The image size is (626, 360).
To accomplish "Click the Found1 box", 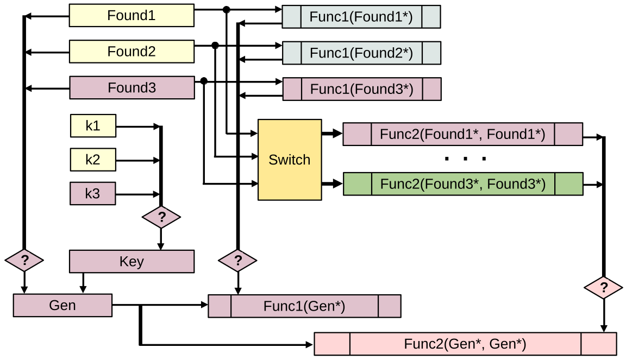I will coord(132,15).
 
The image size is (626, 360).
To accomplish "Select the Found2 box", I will coord(132,52).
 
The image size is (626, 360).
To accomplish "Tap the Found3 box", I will coord(132,87).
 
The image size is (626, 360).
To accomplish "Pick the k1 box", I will coord(93,125).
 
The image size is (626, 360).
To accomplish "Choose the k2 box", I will coord(93,160).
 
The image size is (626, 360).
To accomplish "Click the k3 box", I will coord(93,193).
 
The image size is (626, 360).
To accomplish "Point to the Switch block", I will coord(290,160).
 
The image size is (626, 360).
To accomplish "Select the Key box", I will coord(132,261).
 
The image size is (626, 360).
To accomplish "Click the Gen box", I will coord(62,305).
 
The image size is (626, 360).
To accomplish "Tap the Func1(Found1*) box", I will coord(361,17).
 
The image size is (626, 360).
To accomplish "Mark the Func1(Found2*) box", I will coord(361,53).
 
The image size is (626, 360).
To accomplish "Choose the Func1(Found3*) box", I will coord(362,89).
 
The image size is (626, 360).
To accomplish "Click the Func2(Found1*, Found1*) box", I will coord(462,134).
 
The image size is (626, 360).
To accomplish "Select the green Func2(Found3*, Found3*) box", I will coord(463,184).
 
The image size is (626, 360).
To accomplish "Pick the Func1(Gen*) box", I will coord(304,306).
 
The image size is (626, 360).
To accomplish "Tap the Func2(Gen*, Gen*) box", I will coord(465,344).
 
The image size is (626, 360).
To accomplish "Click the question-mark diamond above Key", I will coord(161,218).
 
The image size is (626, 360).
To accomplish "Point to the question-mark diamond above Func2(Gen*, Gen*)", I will coord(603,287).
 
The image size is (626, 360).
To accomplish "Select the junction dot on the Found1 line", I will coord(227,9).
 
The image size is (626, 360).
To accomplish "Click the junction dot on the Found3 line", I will coord(204,81).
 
